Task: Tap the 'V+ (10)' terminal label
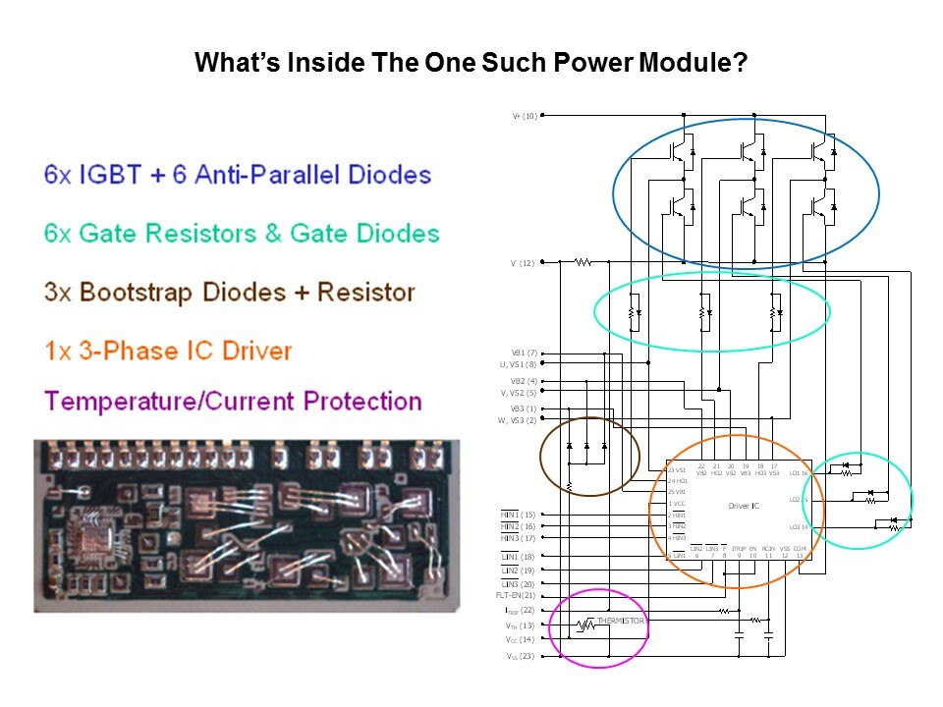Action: (x=524, y=116)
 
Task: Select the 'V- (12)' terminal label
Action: (x=524, y=263)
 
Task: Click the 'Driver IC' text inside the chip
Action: (x=744, y=506)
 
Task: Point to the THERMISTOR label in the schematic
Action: (x=621, y=621)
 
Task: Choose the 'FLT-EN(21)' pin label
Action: (x=516, y=595)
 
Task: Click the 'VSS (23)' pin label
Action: (x=521, y=655)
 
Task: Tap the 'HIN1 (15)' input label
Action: (x=519, y=515)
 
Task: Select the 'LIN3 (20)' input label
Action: (x=519, y=583)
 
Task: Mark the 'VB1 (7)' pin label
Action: (x=524, y=353)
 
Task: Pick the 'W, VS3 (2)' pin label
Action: (x=518, y=420)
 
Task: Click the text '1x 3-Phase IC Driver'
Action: (x=168, y=351)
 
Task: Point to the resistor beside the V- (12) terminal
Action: (x=582, y=262)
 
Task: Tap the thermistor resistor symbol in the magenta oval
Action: (x=585, y=624)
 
